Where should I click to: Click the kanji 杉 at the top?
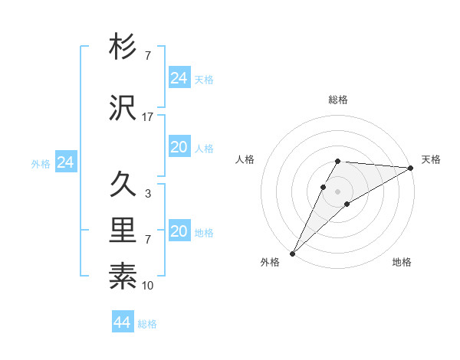point(123,47)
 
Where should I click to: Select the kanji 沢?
point(123,108)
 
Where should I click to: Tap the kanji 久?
point(123,185)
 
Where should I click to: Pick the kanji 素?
point(123,276)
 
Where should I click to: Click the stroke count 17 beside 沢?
point(148,116)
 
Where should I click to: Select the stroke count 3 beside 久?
point(148,193)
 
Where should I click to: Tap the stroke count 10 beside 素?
point(148,285)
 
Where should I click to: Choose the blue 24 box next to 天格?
point(179,78)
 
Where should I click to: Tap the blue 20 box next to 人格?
point(179,147)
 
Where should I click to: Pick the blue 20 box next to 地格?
point(179,231)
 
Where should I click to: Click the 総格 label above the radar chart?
point(338,100)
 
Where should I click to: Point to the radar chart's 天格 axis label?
point(431,159)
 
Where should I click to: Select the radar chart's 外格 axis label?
point(270,263)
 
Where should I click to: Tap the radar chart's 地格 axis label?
point(402,263)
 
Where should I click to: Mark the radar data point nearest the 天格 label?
point(410,168)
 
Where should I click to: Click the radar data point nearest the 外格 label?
point(292,253)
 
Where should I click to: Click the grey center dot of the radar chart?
point(338,191)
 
